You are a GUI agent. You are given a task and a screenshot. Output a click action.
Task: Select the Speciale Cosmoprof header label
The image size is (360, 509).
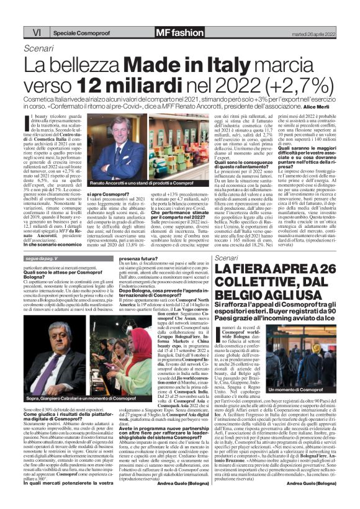[79, 31]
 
